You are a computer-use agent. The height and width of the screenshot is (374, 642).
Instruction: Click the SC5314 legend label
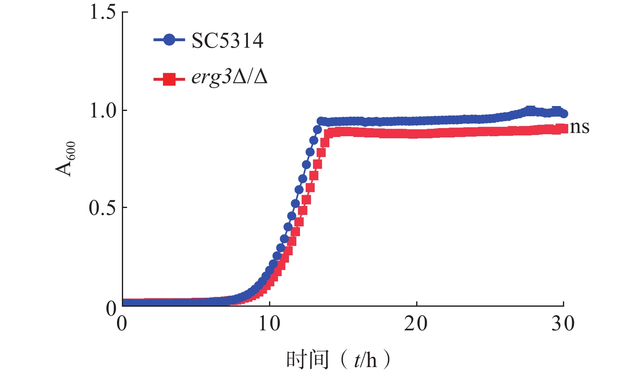pos(227,41)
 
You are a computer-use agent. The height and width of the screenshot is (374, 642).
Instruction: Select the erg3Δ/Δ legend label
pos(229,77)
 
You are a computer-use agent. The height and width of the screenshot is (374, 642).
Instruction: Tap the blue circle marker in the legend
pos(169,40)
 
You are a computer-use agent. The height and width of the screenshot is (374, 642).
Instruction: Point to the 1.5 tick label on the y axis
pos(102,12)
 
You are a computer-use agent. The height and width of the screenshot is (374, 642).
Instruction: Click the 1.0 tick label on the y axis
pos(102,111)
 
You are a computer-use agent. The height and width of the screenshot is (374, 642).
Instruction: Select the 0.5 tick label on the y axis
pos(102,208)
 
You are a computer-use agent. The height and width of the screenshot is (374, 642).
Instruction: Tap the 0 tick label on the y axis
pos(111,309)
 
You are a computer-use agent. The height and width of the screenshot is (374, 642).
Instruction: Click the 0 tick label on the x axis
pos(122,324)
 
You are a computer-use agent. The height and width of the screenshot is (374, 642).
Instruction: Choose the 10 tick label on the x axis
pos(269,324)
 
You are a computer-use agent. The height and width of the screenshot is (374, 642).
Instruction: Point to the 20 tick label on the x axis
pos(416,324)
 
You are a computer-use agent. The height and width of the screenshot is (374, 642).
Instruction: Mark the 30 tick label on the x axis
pos(563,324)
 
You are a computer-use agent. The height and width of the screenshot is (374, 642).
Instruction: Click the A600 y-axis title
pos(66,159)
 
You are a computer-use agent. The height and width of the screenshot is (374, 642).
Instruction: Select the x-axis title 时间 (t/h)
pos(338,360)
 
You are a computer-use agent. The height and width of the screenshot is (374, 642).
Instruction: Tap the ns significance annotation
pos(580,127)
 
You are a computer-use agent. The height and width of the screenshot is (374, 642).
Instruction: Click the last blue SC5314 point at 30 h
pos(564,114)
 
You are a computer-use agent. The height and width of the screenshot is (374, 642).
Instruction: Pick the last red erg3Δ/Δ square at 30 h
pos(564,129)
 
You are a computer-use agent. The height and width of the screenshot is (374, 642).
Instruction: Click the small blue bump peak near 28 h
pos(530,110)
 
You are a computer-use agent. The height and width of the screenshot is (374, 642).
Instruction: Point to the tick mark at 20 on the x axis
pos(417,304)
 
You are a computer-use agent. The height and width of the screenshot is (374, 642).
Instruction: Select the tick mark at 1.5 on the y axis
pos(125,12)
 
